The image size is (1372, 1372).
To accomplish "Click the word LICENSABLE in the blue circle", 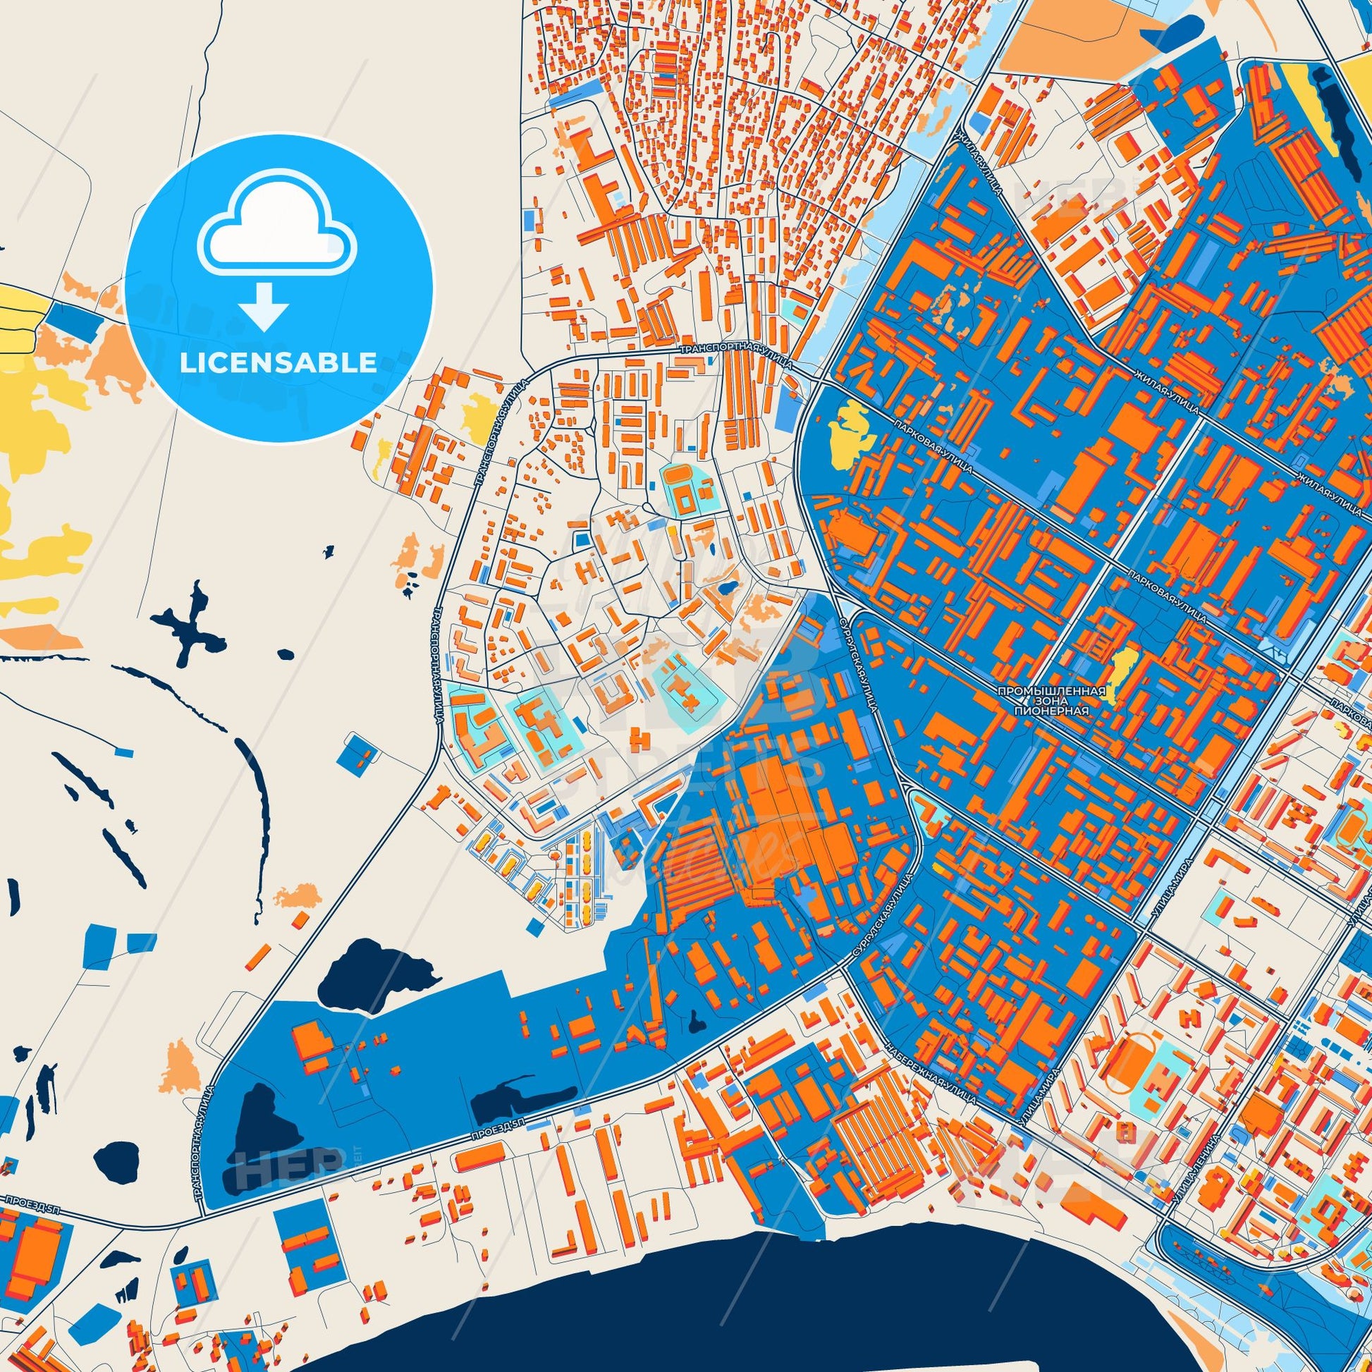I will point(278,363).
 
